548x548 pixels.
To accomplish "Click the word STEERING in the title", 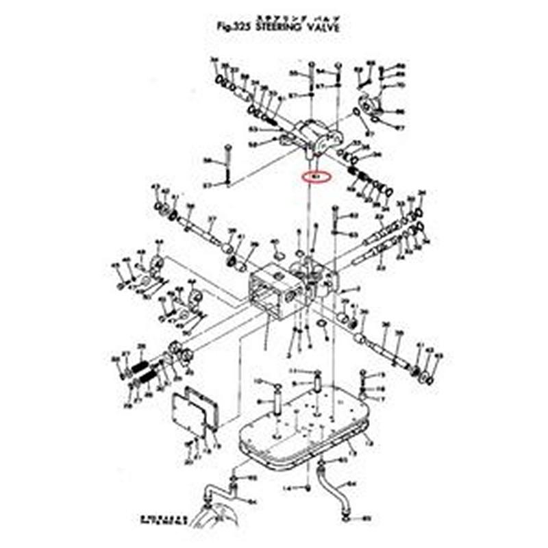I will [278, 27].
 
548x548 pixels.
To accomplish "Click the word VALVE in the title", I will [321, 27].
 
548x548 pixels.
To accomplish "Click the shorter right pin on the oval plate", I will [319, 381].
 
